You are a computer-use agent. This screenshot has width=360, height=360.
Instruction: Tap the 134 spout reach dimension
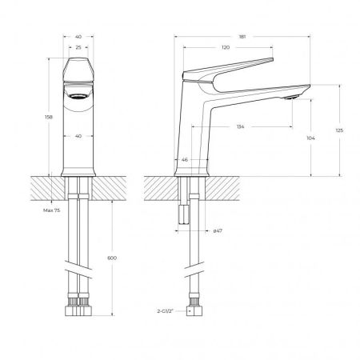coord(241,126)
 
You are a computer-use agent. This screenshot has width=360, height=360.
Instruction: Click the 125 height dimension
coord(341,130)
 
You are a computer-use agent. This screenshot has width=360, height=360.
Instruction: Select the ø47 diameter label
coord(218,231)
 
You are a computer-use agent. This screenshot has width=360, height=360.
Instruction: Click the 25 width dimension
coord(78,48)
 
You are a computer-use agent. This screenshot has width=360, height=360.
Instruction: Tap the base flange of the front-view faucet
coord(78,171)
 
